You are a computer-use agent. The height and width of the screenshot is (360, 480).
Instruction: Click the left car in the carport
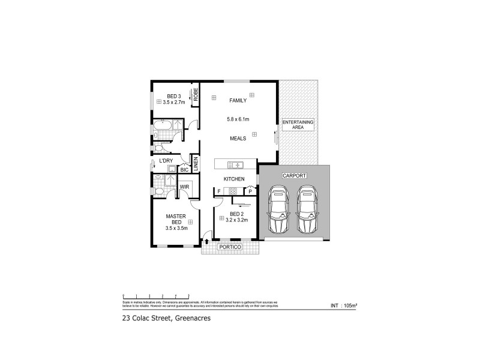(x=279, y=211)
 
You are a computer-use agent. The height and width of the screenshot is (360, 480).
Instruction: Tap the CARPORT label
(x=294, y=176)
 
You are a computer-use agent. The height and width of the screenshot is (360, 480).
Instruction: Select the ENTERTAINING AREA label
(x=298, y=124)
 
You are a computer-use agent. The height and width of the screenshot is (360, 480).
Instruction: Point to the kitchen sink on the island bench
(x=235, y=164)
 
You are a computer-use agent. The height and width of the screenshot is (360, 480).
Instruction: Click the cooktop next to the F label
(x=233, y=191)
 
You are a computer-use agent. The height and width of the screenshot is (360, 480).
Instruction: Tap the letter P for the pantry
(x=250, y=191)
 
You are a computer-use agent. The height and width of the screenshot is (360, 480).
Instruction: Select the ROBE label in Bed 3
(x=196, y=94)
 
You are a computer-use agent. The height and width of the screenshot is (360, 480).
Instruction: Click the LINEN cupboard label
(x=196, y=163)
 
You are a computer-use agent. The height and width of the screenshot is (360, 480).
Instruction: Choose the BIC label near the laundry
(x=184, y=170)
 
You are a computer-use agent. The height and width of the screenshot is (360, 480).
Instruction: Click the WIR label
(x=185, y=187)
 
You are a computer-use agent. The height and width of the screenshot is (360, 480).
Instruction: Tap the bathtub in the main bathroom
(x=163, y=125)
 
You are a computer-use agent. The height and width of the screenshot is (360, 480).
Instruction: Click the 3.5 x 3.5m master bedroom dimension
(x=177, y=228)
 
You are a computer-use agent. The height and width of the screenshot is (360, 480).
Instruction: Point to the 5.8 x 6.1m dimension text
(x=238, y=119)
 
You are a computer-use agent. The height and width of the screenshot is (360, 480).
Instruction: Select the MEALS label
(x=238, y=138)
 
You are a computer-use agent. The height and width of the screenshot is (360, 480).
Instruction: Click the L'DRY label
(x=166, y=161)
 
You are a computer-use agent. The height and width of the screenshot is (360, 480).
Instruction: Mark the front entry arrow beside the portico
(x=207, y=241)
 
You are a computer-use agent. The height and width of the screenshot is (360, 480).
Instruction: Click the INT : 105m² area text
(x=344, y=306)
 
